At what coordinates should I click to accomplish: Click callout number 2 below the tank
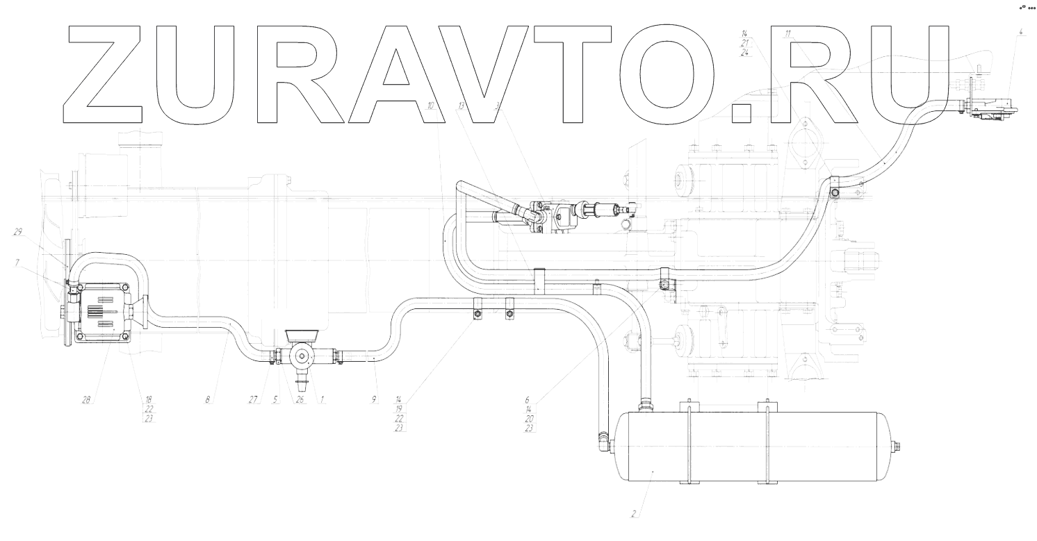coord(633,515)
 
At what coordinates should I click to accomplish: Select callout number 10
coord(431,106)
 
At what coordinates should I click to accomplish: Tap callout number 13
coord(461,106)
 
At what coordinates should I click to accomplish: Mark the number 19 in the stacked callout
coord(399,409)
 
